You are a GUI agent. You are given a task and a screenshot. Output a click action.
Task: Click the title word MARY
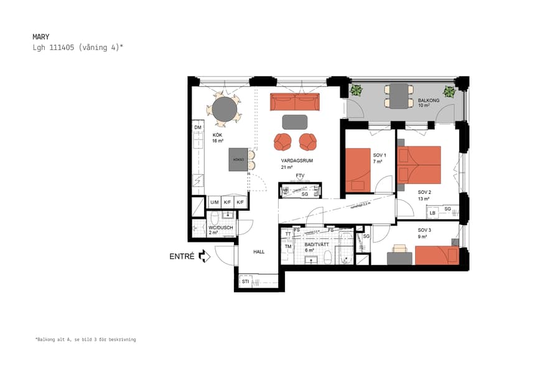(x=40, y=37)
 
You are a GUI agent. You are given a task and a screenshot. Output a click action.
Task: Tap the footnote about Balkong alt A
(x=85, y=340)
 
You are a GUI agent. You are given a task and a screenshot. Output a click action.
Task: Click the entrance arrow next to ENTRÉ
(x=205, y=256)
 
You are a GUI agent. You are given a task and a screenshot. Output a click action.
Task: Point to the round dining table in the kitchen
(x=224, y=110)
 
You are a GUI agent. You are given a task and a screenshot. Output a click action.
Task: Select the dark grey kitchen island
(x=238, y=159)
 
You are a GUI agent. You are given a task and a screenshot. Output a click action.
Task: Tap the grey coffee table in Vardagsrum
(x=295, y=121)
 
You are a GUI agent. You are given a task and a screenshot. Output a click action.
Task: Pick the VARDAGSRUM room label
(x=296, y=161)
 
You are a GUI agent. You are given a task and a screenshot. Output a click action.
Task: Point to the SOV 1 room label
(x=380, y=155)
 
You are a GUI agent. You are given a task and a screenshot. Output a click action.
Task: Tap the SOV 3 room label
(x=424, y=230)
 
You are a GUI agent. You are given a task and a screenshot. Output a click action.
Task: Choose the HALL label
(x=259, y=252)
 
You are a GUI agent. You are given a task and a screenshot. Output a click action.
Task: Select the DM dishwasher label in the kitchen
(x=198, y=128)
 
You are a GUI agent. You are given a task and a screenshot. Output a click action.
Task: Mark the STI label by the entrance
(x=245, y=282)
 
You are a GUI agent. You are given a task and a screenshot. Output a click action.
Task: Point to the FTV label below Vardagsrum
(x=301, y=176)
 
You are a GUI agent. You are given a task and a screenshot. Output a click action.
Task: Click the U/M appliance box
(x=214, y=203)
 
